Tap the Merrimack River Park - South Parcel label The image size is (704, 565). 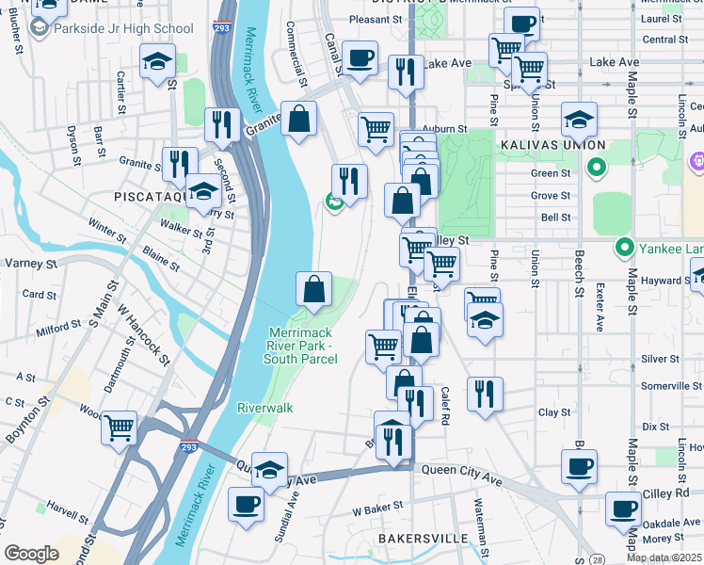coord(301,346)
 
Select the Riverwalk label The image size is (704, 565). coord(264,408)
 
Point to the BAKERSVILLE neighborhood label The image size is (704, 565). coord(423,538)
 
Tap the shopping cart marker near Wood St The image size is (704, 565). coord(120,428)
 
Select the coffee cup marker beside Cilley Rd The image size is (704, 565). coord(579,465)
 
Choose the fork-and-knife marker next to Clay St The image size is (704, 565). coord(485,394)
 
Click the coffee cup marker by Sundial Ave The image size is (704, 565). coord(247,504)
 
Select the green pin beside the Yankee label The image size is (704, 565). coord(623,249)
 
